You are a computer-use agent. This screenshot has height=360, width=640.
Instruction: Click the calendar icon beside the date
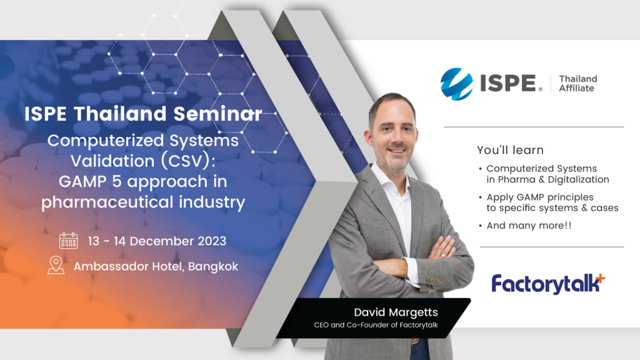tap(68, 241)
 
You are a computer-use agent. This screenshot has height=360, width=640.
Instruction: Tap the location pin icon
tap(56, 265)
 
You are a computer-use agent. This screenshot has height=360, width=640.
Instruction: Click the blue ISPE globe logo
tap(457, 84)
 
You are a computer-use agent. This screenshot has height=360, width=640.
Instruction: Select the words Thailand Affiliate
tap(578, 83)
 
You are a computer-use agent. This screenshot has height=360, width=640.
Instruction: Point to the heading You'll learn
tap(510, 150)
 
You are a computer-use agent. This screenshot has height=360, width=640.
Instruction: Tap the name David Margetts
tap(396, 312)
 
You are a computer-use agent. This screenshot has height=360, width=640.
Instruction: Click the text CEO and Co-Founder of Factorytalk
tap(376, 325)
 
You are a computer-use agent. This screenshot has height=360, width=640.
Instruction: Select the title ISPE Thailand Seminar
tap(143, 114)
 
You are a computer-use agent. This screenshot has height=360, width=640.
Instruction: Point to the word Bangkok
tap(213, 266)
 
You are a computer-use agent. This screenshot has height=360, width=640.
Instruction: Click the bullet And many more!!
tap(529, 225)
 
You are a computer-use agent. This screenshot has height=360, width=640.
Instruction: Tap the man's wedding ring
tap(443, 255)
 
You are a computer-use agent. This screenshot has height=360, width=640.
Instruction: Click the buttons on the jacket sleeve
tap(434, 281)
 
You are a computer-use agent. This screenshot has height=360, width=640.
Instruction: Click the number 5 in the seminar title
tap(117, 182)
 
